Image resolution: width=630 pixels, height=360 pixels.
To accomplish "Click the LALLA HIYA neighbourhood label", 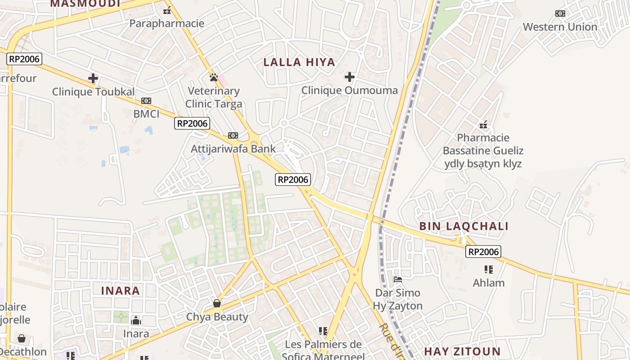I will click(x=299, y=63).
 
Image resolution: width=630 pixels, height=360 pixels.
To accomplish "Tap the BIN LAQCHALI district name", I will click(x=464, y=226).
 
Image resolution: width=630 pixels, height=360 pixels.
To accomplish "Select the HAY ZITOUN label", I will click(x=462, y=351).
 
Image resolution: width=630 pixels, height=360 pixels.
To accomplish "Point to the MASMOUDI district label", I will click(x=85, y=4).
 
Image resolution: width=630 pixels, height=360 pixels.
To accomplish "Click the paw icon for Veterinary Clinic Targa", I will click(x=214, y=77).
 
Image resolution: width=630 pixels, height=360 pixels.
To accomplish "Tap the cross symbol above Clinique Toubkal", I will click(x=93, y=78).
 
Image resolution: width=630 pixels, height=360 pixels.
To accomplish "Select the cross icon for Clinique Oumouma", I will click(x=350, y=77).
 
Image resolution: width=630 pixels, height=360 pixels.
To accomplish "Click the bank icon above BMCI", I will click(x=146, y=101).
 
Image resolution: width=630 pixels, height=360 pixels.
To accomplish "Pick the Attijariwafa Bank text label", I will click(x=233, y=148).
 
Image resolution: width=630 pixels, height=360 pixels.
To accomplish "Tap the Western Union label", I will click(x=560, y=27).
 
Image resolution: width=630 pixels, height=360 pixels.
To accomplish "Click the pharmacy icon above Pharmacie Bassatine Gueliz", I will click(x=483, y=124).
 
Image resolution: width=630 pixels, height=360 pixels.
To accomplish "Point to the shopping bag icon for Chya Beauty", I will click(x=217, y=303).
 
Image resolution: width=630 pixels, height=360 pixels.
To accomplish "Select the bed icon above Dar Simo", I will click(x=398, y=279).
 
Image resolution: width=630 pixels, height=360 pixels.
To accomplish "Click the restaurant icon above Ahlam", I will click(x=489, y=270).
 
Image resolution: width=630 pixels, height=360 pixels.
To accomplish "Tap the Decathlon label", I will click(x=23, y=351).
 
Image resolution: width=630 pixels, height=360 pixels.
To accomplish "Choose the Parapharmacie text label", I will click(x=167, y=23).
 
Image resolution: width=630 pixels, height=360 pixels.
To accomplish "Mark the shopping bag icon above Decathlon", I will click(x=21, y=338).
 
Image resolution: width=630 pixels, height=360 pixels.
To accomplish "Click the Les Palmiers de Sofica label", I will click(x=323, y=345).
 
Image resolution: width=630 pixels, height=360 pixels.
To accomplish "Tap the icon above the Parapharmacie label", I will click(x=167, y=10).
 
